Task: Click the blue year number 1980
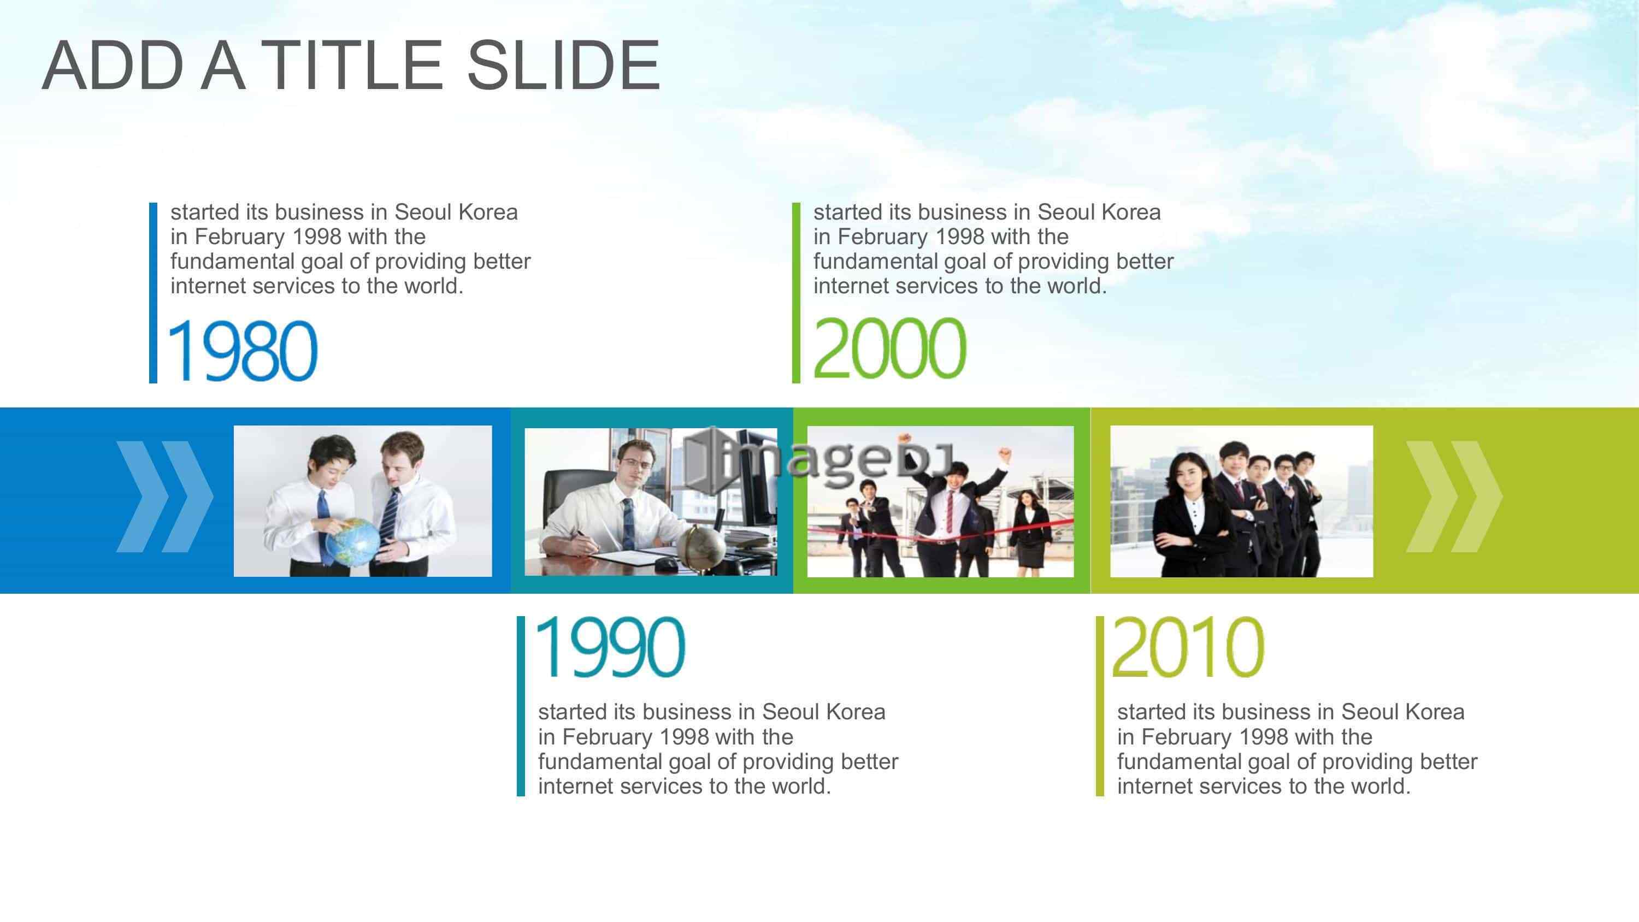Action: click(243, 351)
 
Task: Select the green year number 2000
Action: click(889, 348)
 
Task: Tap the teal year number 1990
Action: click(611, 648)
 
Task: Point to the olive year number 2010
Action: click(1188, 648)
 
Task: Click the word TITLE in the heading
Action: click(352, 65)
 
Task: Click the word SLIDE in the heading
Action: click(564, 65)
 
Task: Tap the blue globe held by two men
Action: click(352, 542)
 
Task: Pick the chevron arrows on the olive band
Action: click(1454, 497)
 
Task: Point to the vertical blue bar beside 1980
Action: click(153, 293)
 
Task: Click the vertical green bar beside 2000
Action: click(796, 293)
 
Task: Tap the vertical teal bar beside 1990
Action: click(521, 706)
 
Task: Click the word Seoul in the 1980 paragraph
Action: click(424, 212)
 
